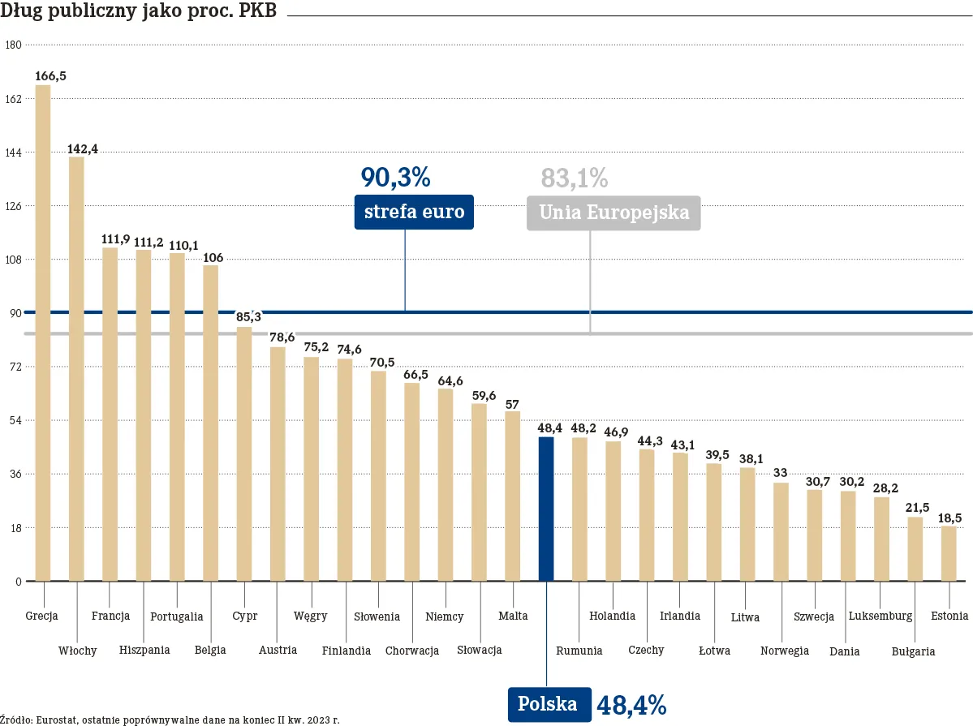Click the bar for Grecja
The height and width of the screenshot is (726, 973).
pos(43,333)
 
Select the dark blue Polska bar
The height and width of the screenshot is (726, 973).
pos(546,509)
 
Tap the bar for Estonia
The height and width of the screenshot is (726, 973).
pos(949,553)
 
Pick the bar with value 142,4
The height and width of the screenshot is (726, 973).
pos(76,368)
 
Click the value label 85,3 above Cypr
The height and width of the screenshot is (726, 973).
pos(248,316)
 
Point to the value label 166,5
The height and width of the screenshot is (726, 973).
pos(50,75)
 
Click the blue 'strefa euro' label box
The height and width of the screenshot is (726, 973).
pos(414,213)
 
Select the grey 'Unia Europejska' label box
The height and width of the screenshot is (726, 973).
pos(614,213)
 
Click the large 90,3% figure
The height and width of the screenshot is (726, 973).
pos(395,178)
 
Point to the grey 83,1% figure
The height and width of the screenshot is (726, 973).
pos(574,178)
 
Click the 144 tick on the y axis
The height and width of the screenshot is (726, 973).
pos(13,153)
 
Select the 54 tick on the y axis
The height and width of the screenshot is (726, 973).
pos(15,420)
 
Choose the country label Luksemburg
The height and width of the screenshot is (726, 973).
pos(880,616)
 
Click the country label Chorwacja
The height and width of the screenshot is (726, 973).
pos(412,651)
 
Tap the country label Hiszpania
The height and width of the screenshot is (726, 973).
pos(144,650)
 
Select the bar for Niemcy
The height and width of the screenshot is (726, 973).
pos(446,485)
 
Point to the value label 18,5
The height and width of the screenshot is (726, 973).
pos(949,518)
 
